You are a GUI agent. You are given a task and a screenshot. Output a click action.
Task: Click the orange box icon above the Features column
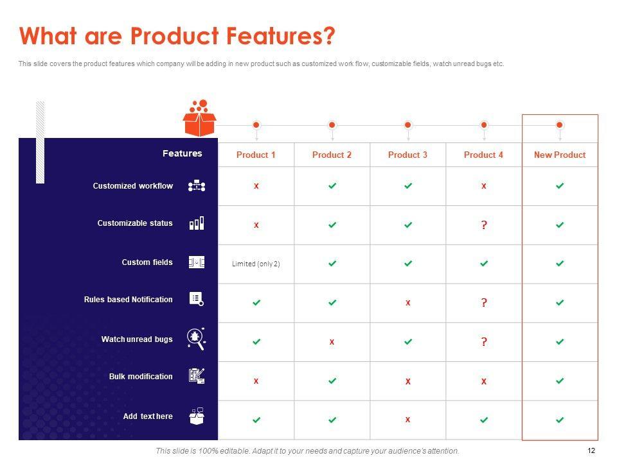(x=199, y=118)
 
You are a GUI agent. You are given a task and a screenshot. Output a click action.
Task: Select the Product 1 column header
(x=256, y=155)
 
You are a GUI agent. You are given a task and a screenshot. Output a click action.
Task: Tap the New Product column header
(x=560, y=155)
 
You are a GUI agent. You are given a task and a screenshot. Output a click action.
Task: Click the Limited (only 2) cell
(x=256, y=264)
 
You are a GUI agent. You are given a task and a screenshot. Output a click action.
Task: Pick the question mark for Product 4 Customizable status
(x=484, y=225)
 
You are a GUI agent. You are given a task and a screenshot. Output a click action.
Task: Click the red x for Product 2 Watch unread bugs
(x=332, y=342)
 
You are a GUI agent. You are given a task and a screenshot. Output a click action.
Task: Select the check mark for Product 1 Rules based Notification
(x=256, y=302)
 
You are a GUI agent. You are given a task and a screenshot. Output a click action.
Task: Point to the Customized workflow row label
(x=132, y=186)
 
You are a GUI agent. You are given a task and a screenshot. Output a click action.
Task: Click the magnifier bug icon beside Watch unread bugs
(x=196, y=339)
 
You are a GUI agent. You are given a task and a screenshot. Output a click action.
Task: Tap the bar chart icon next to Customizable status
(x=197, y=223)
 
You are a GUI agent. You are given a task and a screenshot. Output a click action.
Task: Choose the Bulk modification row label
(x=141, y=377)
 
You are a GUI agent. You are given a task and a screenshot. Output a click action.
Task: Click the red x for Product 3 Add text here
(x=407, y=420)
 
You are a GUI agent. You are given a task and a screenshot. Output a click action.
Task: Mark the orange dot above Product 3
(x=408, y=125)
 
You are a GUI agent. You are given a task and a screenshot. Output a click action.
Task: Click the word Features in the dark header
(x=182, y=153)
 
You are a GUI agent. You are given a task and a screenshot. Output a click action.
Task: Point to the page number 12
(x=591, y=450)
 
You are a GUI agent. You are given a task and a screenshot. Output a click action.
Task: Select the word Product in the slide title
(x=174, y=36)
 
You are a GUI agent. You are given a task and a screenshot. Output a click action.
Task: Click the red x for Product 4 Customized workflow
(x=483, y=186)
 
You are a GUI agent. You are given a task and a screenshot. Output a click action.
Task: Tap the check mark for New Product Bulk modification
(x=560, y=381)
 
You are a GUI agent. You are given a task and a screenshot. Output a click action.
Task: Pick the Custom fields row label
(x=147, y=262)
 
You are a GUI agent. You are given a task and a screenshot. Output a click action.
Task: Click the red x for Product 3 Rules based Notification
(x=407, y=302)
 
